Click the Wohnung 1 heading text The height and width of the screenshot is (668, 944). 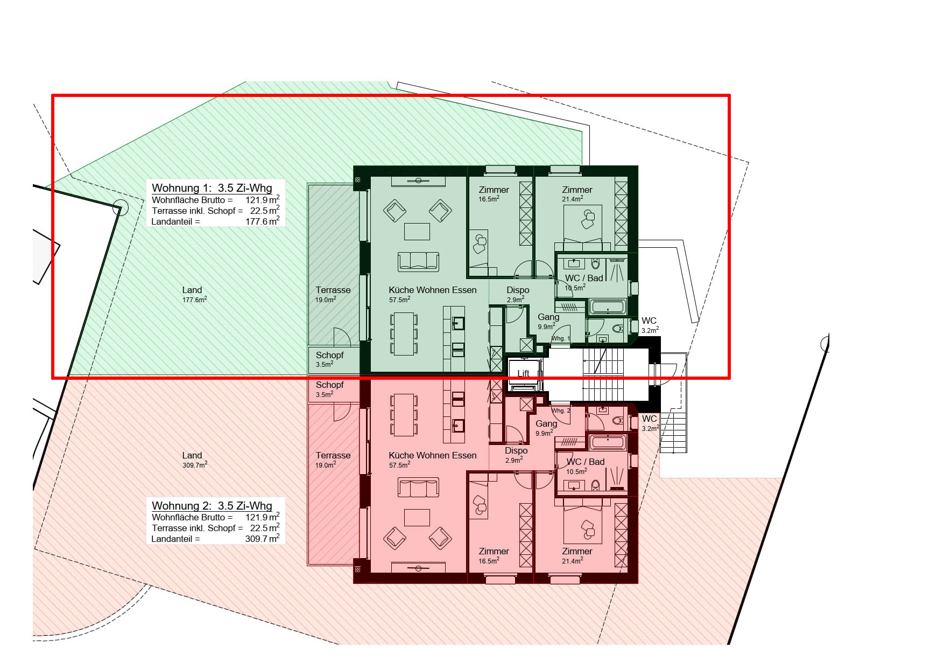212,188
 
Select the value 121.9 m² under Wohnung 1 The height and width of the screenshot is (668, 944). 262,200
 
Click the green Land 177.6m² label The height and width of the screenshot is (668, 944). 194,294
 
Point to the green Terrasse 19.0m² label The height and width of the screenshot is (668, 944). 333,294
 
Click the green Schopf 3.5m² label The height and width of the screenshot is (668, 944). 329,359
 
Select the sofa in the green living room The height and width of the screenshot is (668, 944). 418,261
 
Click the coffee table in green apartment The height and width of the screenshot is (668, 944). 417,231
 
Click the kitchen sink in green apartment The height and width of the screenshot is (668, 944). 458,323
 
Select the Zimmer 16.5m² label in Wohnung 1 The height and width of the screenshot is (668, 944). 494,193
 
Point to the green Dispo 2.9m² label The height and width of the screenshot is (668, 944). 517,294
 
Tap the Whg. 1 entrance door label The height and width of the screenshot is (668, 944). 560,338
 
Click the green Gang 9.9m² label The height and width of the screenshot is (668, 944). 548,321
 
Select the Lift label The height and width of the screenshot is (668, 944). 523,373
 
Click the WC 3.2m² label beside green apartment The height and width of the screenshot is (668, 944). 649,325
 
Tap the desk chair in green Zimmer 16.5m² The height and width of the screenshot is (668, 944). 479,244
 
